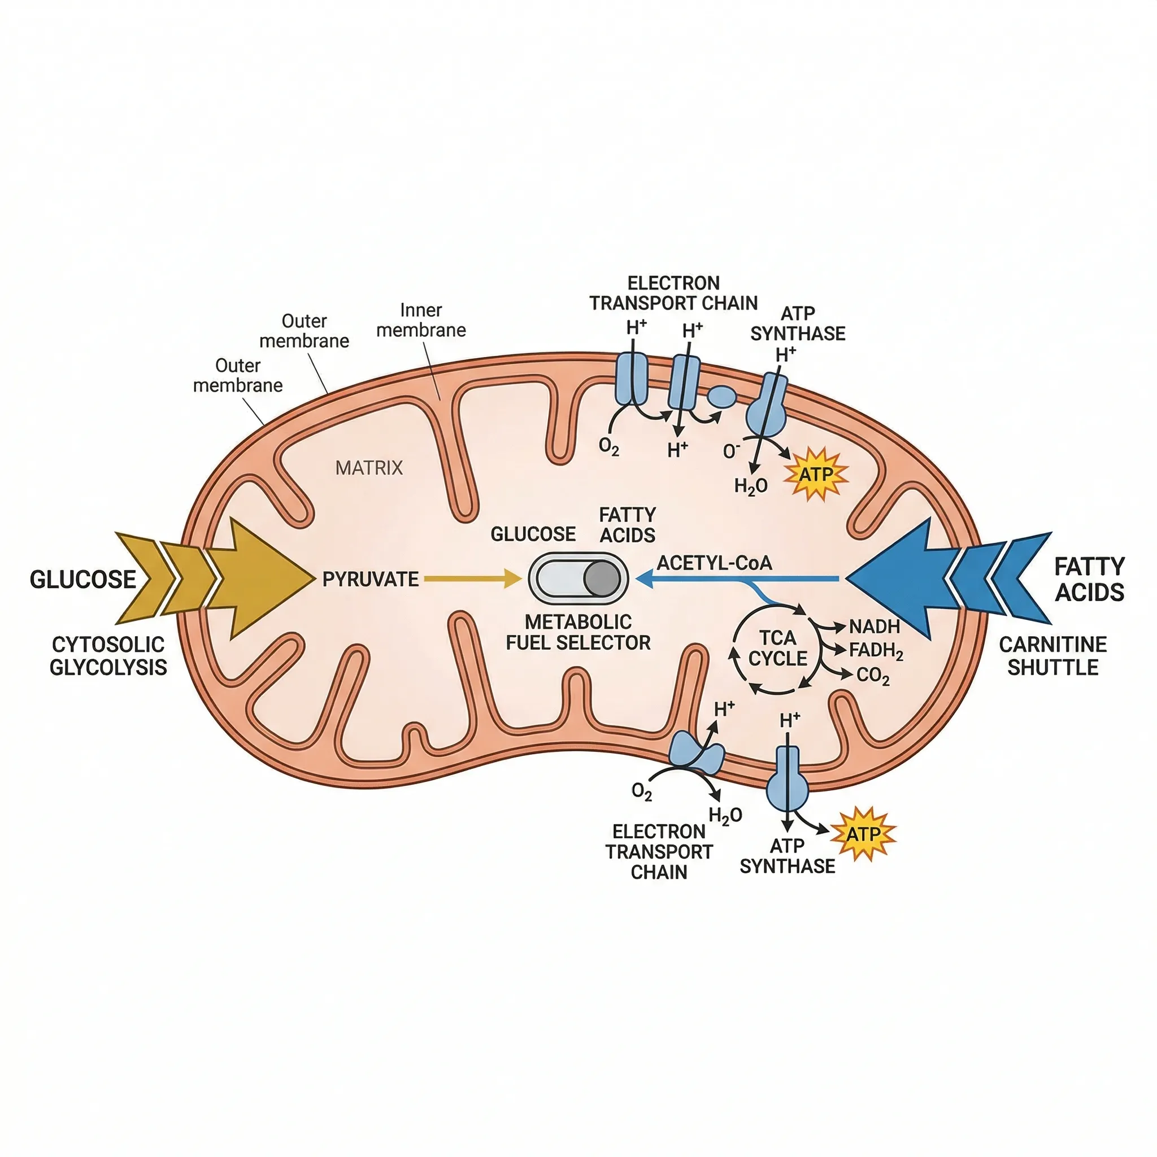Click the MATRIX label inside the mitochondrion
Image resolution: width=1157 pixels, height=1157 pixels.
[369, 468]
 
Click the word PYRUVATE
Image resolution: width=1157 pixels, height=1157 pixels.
[370, 579]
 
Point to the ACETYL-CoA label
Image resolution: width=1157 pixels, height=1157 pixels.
[714, 563]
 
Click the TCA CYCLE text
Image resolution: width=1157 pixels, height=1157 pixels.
[777, 648]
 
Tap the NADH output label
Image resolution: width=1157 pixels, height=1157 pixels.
[875, 627]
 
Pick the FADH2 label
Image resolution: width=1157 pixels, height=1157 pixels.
[876, 650]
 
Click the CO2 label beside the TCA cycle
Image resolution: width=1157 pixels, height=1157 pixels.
[872, 676]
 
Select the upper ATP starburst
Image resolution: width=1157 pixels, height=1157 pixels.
[817, 475]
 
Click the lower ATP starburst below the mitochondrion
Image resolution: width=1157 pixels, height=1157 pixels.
[864, 834]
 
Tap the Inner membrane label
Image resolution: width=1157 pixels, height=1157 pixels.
[421, 320]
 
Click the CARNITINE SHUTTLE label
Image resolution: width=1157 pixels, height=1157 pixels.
[1053, 656]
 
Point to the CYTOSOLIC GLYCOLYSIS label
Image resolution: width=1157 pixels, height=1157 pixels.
[108, 656]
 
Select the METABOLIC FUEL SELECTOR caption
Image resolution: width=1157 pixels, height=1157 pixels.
[578, 632]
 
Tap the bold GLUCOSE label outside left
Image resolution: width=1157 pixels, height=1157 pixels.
[82, 579]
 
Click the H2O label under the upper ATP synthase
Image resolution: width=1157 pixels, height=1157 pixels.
[750, 486]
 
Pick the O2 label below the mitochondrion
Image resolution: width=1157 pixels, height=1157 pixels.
[641, 791]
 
